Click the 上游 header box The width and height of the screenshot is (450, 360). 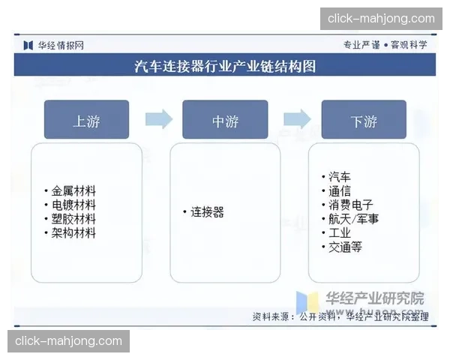coord(86,120)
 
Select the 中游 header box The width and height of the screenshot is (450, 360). coord(225,120)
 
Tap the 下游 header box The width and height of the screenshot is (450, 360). coord(364,120)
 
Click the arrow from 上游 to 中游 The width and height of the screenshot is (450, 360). coord(157,119)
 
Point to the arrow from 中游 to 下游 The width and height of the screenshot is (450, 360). coord(297,119)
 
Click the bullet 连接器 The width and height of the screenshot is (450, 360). coord(207,212)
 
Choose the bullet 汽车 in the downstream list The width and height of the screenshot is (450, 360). coord(339,176)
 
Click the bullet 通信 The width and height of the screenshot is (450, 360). coord(339,190)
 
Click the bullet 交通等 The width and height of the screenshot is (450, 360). coord(345,247)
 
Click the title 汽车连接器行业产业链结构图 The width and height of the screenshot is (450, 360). coord(225,66)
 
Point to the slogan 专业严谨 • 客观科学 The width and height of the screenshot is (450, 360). coord(385,45)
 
